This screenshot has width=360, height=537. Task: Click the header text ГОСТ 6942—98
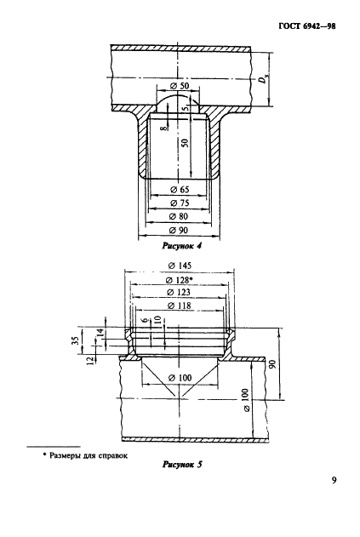click(x=307, y=26)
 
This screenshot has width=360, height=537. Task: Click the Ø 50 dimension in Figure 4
click(x=180, y=86)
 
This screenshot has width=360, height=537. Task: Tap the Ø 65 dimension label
click(x=180, y=190)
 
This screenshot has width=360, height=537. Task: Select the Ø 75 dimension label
click(x=180, y=203)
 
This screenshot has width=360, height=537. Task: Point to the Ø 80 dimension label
click(x=179, y=216)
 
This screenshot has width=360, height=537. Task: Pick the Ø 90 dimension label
click(x=179, y=230)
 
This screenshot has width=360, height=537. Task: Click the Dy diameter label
click(x=263, y=80)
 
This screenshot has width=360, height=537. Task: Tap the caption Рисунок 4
click(x=181, y=246)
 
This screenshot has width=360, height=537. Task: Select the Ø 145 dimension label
click(x=180, y=266)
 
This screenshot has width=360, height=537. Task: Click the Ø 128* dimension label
click(x=179, y=280)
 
